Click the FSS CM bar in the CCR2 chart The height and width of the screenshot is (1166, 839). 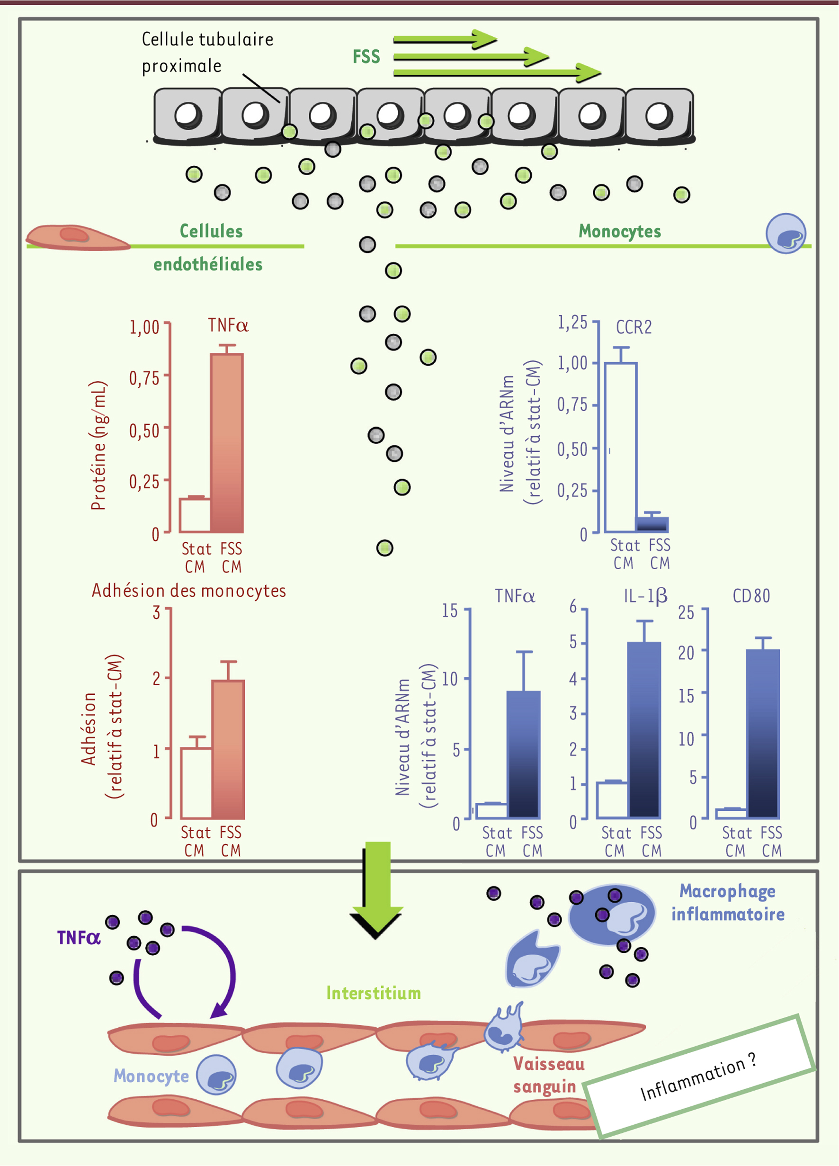coord(652,524)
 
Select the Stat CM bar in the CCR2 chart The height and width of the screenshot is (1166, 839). coord(621,447)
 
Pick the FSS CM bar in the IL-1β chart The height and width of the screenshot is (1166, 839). coord(644,729)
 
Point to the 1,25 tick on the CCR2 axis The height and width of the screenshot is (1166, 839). coord(572,323)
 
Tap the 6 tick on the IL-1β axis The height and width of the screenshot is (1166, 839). coord(573,607)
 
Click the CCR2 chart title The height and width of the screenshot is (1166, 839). coord(634,327)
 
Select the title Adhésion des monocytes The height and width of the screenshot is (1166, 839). coord(188,590)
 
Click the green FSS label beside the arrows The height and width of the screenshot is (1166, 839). coord(366,56)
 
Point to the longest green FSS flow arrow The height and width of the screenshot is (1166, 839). coord(497,73)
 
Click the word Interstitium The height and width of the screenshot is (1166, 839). coord(373,993)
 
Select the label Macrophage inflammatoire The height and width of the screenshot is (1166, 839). coord(727,902)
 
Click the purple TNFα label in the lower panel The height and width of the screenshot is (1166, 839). coord(79,938)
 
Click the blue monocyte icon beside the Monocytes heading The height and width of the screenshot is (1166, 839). coord(785,233)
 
